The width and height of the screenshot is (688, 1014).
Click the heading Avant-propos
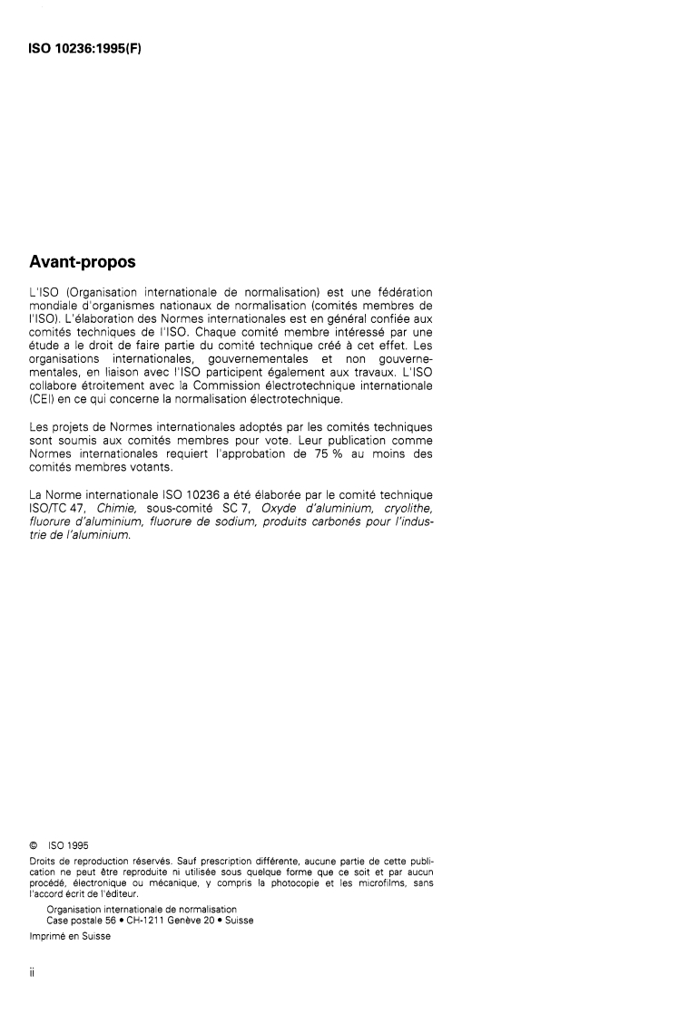(x=83, y=263)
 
